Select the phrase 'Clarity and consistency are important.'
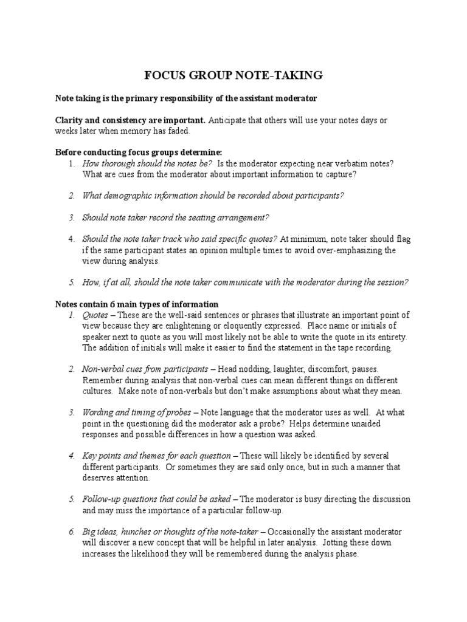coord(130,120)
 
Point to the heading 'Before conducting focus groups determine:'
coord(139,152)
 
